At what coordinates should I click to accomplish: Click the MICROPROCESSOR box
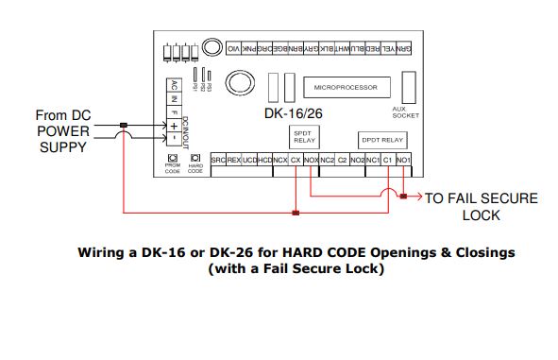[x=345, y=88]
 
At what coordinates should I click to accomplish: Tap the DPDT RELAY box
[x=380, y=140]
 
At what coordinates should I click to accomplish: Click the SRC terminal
[x=217, y=161]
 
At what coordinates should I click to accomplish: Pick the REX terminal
[x=233, y=161]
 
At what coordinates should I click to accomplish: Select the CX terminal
[x=296, y=161]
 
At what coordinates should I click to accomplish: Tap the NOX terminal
[x=311, y=161]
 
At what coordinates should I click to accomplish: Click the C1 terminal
[x=387, y=161]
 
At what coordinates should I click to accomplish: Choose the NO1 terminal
[x=403, y=161]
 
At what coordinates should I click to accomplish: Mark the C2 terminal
[x=342, y=161]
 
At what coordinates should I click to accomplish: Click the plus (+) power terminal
[x=174, y=125]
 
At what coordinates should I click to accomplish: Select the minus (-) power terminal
[x=174, y=138]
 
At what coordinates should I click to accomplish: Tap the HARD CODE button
[x=195, y=159]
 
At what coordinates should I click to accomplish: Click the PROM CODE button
[x=173, y=159]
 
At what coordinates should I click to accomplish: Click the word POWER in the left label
[x=61, y=129]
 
